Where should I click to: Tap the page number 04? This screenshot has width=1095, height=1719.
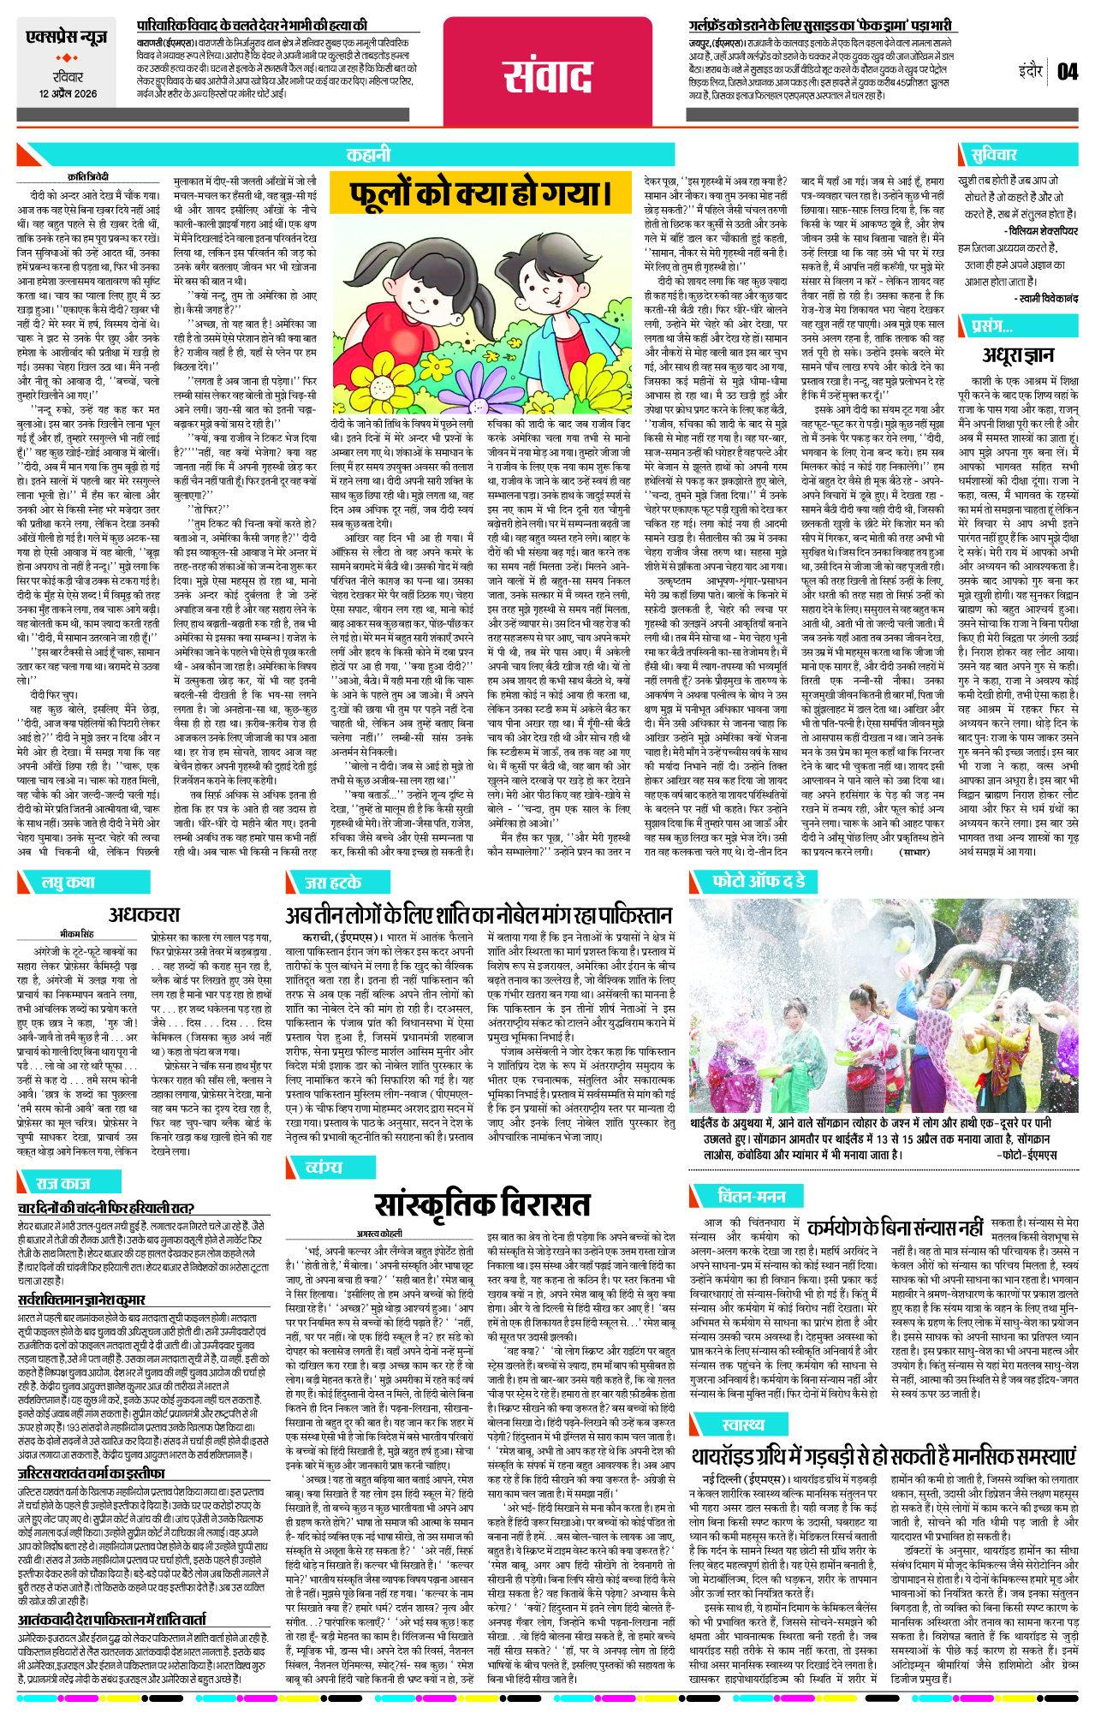pos(1067,72)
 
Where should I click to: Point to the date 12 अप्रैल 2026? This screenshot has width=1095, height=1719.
pos(68,94)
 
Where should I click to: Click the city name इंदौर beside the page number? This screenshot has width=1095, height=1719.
pos(1031,72)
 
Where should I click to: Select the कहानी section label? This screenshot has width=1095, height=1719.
pos(368,155)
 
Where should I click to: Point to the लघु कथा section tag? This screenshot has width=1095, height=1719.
pos(68,882)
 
